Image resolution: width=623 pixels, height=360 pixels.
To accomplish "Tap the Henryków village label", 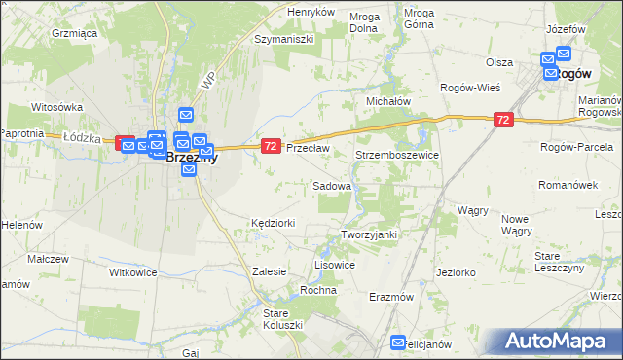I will pos(311,12).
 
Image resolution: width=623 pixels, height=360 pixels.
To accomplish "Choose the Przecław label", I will pos(309,148).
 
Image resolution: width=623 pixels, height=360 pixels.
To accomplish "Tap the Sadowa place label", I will pos(331,185).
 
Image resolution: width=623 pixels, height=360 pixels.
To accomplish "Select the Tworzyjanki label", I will pos(370,234).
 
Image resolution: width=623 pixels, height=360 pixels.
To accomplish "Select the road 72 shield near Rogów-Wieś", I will pos(502,120).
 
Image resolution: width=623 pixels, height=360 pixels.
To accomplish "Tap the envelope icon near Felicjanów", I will pos(398,342).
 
